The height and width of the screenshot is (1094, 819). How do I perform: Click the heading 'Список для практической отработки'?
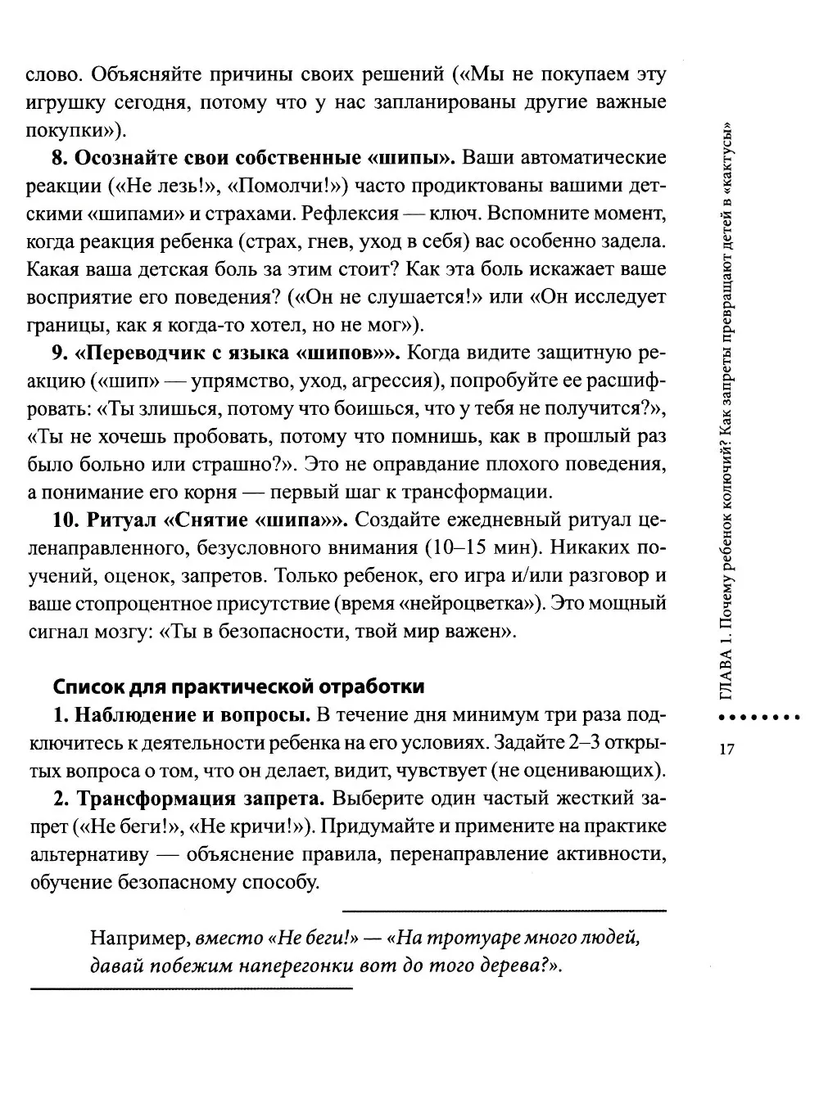pyautogui.click(x=238, y=686)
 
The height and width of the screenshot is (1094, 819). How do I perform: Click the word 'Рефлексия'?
pyautogui.click(x=350, y=214)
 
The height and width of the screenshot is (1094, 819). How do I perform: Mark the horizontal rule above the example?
pyautogui.click(x=504, y=910)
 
